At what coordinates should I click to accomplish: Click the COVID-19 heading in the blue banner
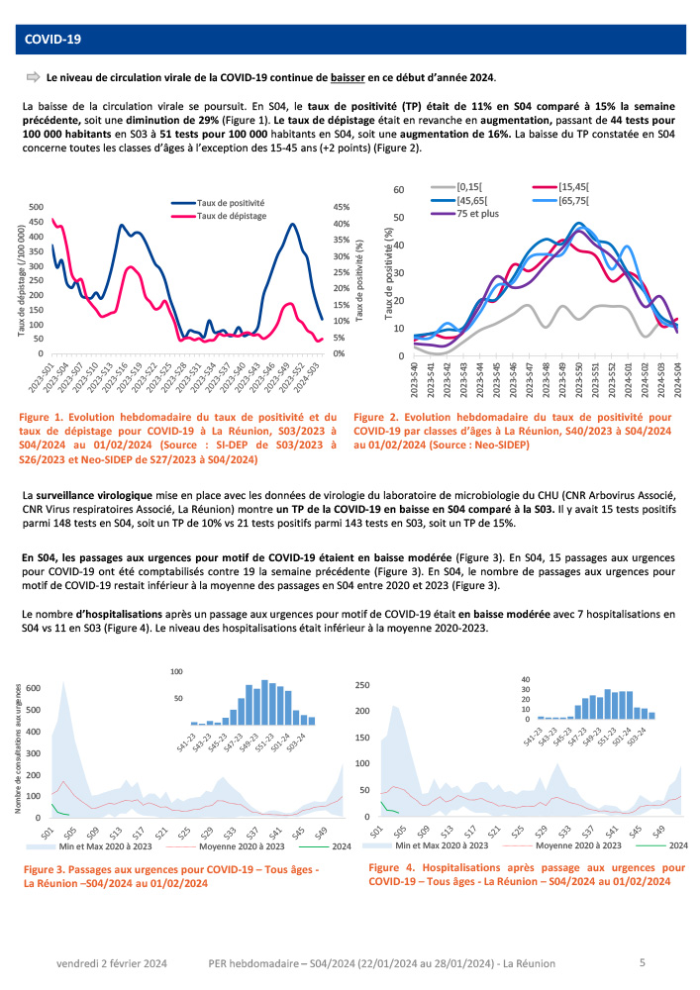coord(52,40)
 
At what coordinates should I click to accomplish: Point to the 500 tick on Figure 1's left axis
coord(36,207)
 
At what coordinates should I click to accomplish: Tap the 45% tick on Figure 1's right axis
coord(340,207)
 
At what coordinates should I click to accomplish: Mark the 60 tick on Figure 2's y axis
coord(398,189)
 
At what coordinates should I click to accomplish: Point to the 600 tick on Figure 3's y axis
coord(33,687)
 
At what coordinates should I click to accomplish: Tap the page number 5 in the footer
coord(643,962)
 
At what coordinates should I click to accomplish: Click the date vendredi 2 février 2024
coord(112,963)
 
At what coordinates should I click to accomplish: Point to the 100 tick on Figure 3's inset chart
coord(178,672)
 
